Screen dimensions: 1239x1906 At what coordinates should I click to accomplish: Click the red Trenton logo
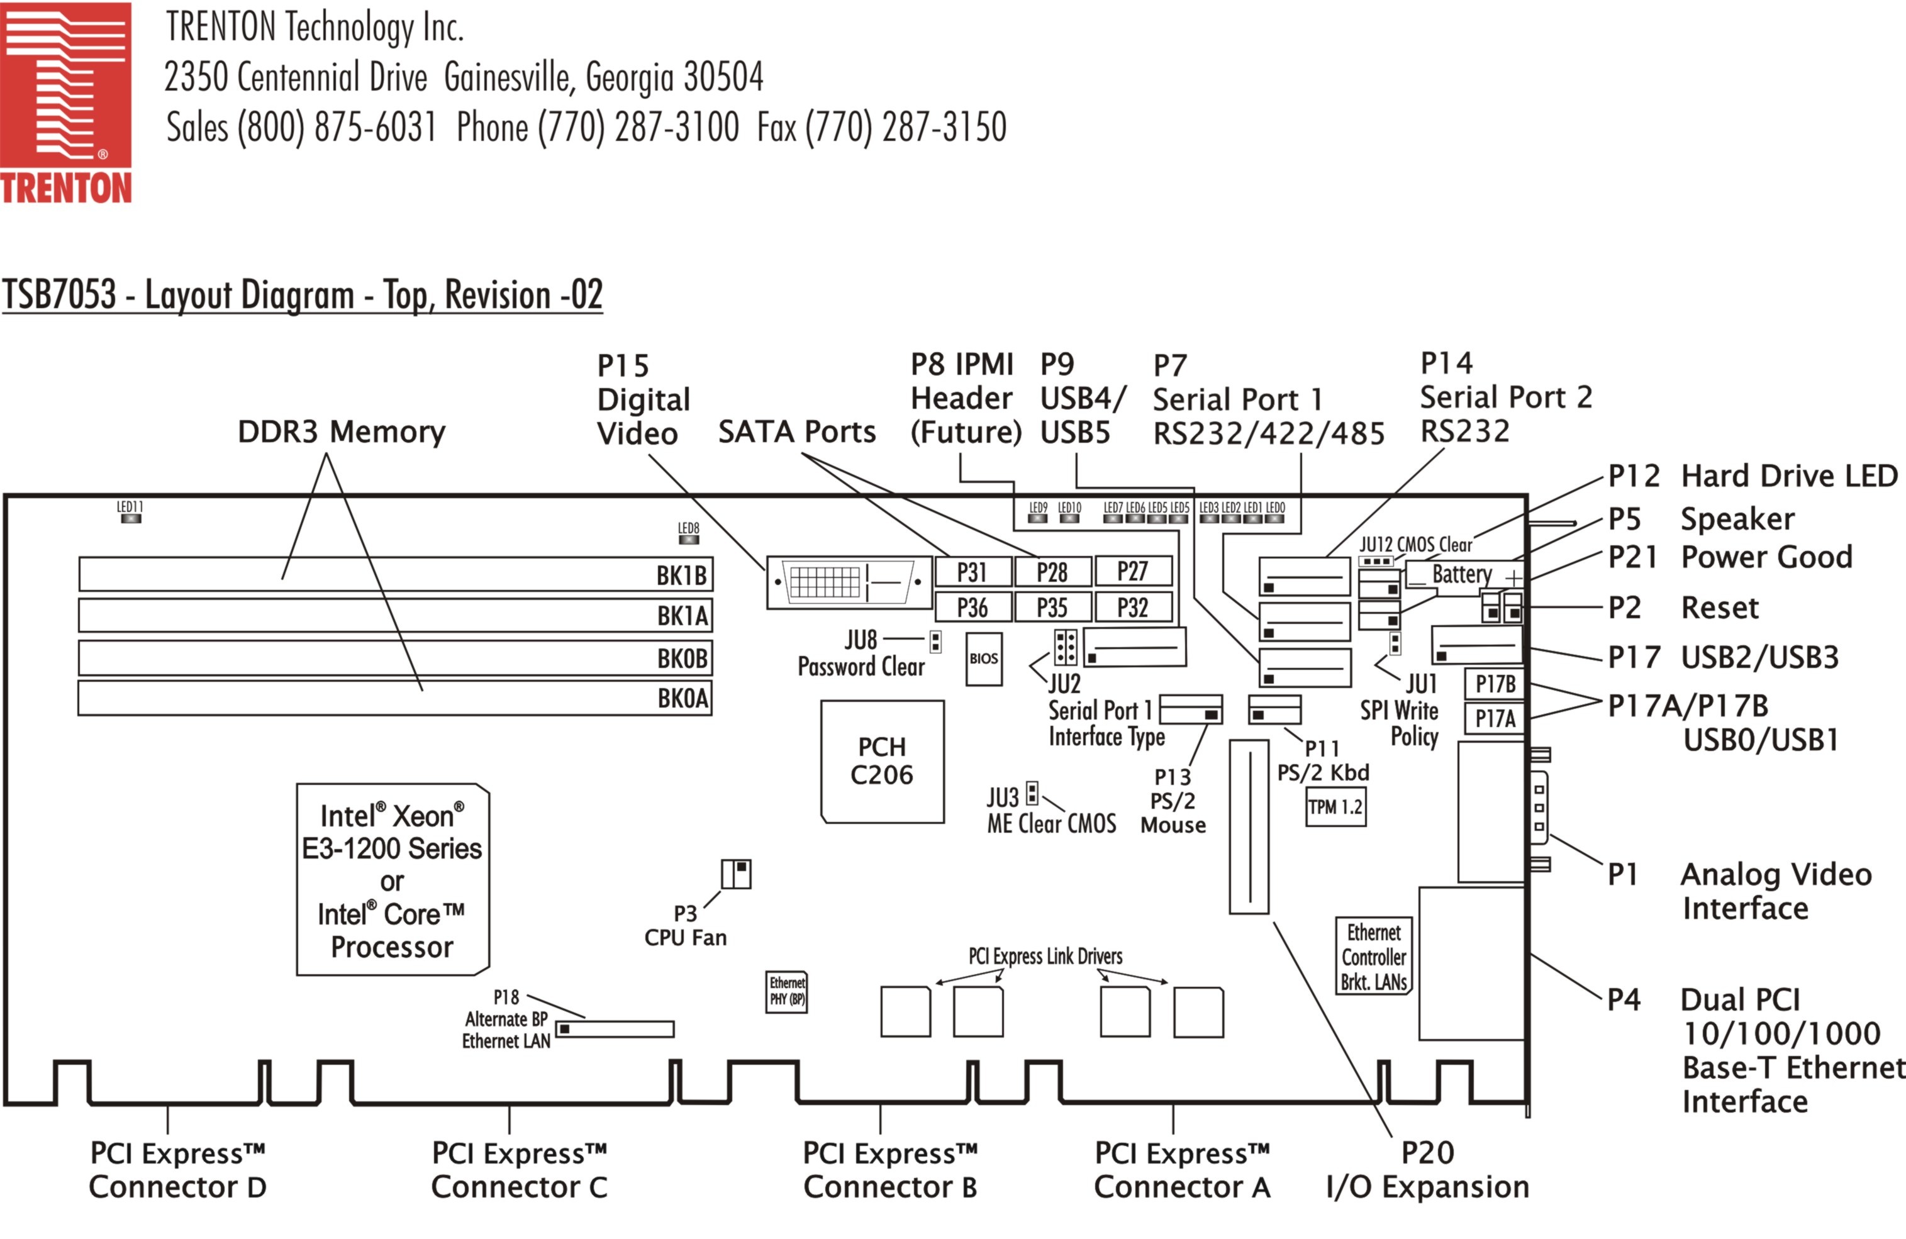(x=65, y=103)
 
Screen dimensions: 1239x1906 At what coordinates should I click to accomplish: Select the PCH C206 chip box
(x=882, y=761)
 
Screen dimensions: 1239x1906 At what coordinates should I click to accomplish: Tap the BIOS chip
(x=983, y=658)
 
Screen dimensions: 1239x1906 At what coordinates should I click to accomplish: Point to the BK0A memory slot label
(x=683, y=698)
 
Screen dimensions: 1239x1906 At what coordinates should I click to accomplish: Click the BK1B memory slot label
(x=681, y=575)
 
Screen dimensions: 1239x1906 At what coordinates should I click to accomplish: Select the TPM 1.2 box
(x=1335, y=808)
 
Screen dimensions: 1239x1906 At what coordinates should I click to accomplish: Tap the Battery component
(x=1463, y=574)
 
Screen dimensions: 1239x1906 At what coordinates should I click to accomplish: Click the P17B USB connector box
(x=1495, y=684)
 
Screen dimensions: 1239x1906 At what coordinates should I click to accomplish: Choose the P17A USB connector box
(x=1495, y=718)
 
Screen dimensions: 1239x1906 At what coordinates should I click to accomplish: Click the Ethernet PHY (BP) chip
(x=787, y=992)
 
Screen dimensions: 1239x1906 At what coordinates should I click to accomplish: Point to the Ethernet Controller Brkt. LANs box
(x=1373, y=956)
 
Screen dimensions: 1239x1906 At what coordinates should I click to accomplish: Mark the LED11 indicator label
(x=130, y=507)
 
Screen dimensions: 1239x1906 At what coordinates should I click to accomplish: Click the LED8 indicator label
(x=688, y=528)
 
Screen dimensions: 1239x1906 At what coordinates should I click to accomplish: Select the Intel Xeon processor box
(x=393, y=879)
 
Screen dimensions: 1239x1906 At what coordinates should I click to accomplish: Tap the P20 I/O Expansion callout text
(x=1427, y=1169)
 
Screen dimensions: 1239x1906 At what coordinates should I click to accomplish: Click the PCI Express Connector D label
(x=177, y=1169)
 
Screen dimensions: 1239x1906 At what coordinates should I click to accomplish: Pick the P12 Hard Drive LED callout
(x=1753, y=475)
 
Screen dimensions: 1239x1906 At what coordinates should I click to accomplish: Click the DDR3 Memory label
(x=341, y=431)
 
